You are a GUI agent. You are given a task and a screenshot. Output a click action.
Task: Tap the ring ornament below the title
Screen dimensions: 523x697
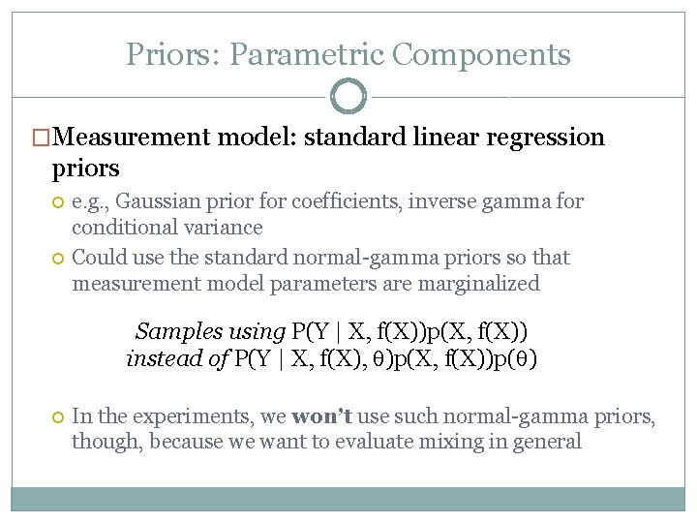[348, 96]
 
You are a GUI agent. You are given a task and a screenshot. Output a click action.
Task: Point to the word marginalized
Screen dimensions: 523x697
[479, 283]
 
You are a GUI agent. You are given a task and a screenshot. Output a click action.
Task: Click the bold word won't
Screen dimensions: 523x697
[321, 417]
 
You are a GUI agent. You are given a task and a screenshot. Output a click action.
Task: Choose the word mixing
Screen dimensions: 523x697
[456, 443]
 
